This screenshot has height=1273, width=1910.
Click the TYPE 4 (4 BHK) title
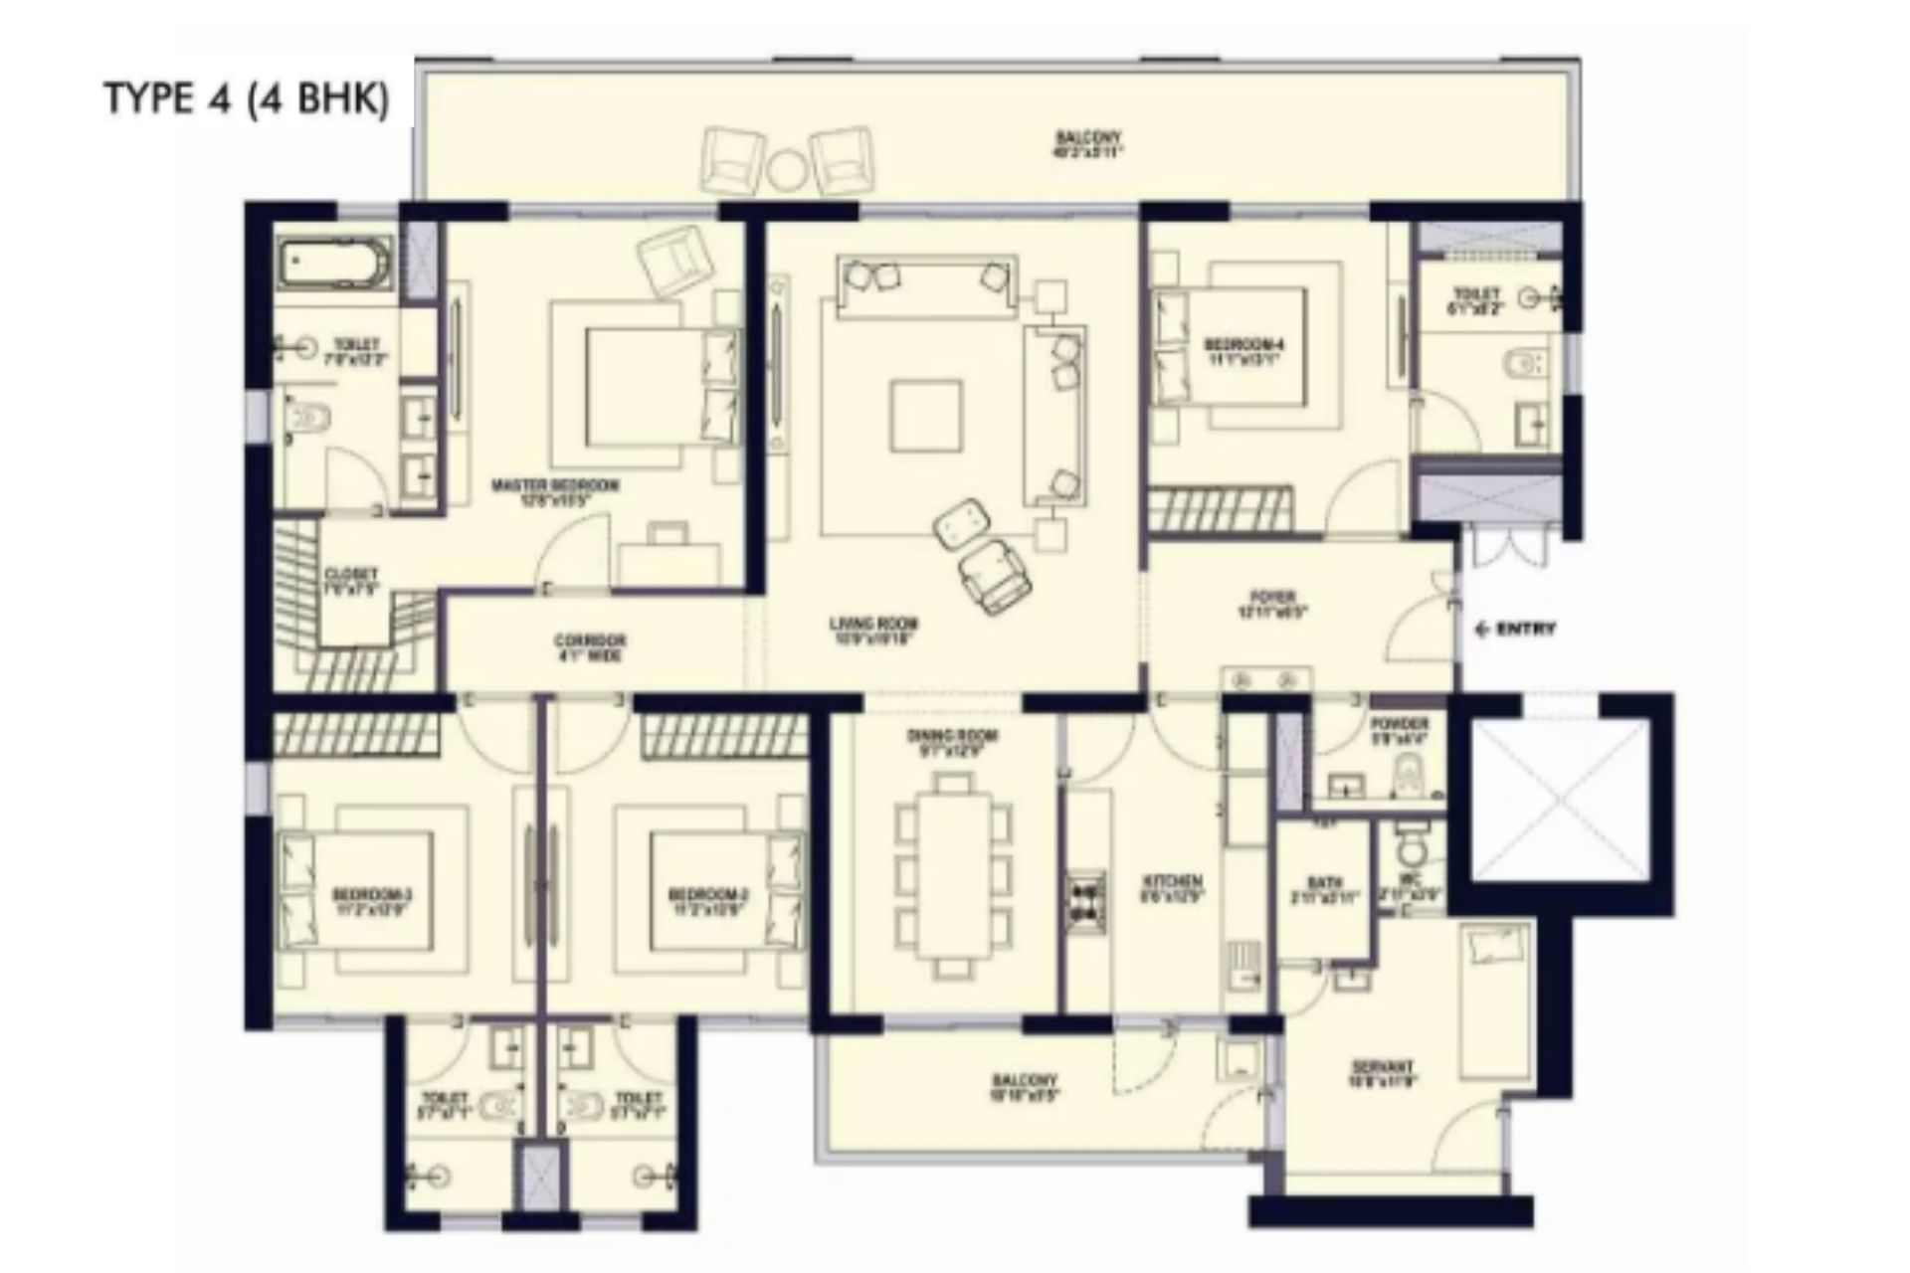pyautogui.click(x=247, y=99)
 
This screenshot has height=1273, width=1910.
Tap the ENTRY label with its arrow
pyautogui.click(x=1515, y=629)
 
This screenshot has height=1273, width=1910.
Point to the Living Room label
pyautogui.click(x=873, y=631)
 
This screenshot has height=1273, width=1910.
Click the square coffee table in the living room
pyautogui.click(x=926, y=416)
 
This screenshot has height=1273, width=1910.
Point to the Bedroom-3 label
pyautogui.click(x=372, y=899)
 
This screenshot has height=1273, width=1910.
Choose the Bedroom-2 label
pyautogui.click(x=708, y=899)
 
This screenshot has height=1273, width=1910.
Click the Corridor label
pyautogui.click(x=590, y=646)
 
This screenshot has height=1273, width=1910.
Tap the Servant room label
pyautogui.click(x=1382, y=1074)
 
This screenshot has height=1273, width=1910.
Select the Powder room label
pyautogui.click(x=1399, y=730)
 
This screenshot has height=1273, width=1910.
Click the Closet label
pyautogui.click(x=351, y=581)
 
